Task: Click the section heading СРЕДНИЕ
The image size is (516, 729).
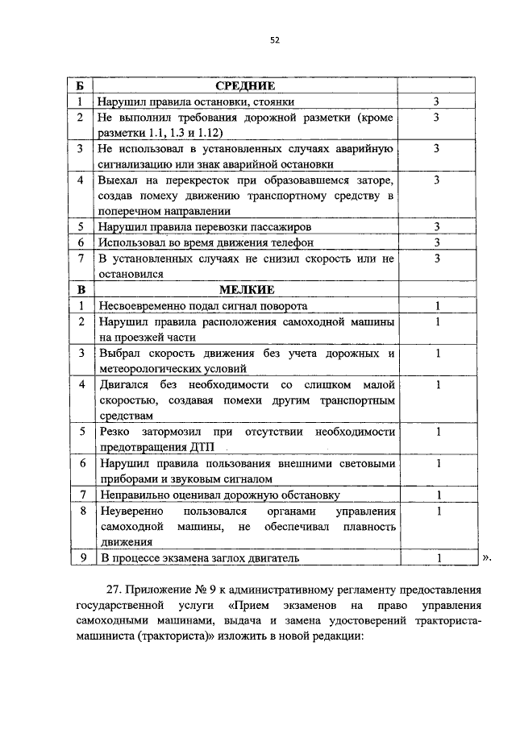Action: pos(246,86)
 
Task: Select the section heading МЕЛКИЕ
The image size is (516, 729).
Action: pos(246,290)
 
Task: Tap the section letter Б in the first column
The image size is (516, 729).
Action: pos(80,86)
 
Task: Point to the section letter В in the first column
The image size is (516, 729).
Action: pos(80,290)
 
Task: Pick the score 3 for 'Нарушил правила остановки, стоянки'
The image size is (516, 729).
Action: pos(436,102)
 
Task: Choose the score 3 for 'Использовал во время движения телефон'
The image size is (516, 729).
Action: pos(436,242)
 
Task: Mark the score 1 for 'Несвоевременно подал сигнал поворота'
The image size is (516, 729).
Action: pos(436,306)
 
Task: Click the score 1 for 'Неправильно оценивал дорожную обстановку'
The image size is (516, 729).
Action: pos(436,495)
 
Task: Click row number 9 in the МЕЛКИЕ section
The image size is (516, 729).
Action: pos(80,557)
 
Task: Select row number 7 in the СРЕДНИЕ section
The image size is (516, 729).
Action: pos(80,259)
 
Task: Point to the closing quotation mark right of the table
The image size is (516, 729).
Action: pos(485,557)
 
